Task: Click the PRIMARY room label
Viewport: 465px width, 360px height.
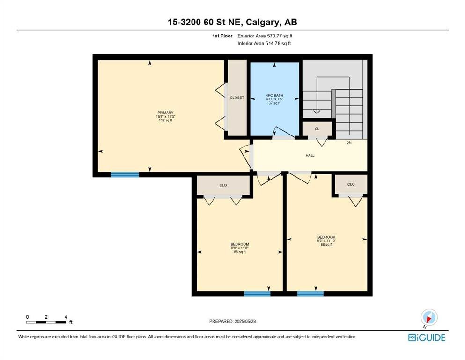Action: (x=165, y=113)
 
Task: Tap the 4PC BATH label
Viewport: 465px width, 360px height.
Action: (x=274, y=95)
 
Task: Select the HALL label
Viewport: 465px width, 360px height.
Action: (x=310, y=155)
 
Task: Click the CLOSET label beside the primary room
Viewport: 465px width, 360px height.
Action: (x=237, y=97)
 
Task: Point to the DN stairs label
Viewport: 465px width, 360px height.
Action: (x=349, y=143)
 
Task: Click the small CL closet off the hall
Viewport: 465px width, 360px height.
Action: (x=317, y=129)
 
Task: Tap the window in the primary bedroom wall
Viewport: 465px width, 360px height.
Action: (x=125, y=174)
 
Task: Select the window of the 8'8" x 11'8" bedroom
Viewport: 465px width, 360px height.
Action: (x=257, y=293)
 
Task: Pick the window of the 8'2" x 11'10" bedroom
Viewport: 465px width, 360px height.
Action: (x=310, y=293)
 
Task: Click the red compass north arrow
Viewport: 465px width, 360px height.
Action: (x=428, y=319)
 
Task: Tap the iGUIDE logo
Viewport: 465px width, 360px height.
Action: (x=427, y=337)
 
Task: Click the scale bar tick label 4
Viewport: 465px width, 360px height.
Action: (x=66, y=317)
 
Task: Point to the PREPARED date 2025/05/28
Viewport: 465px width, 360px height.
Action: (x=245, y=321)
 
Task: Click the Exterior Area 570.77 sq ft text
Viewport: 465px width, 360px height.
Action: (x=265, y=36)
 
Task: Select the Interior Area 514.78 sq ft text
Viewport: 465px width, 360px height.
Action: (x=264, y=43)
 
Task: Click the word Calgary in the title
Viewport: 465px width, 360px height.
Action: (x=262, y=22)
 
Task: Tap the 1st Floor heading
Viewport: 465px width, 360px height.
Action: (x=222, y=36)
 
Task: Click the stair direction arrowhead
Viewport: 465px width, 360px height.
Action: (x=317, y=112)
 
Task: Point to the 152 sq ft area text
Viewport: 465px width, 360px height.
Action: (x=165, y=120)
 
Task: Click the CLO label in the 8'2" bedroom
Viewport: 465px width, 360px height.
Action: (x=351, y=184)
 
